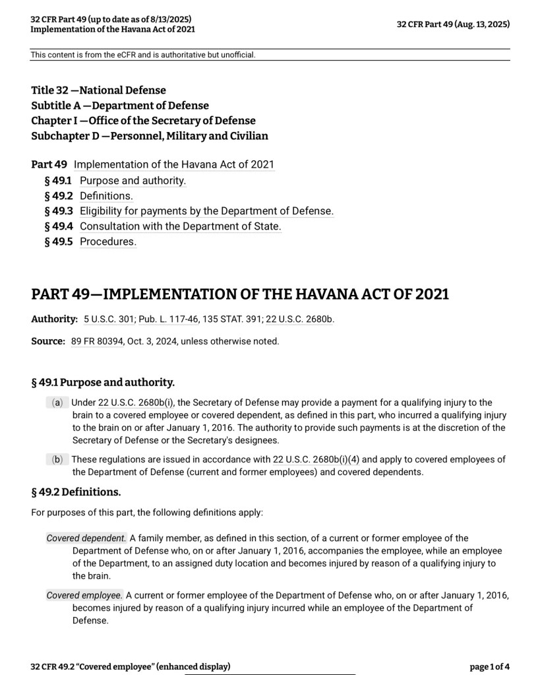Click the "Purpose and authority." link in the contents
click(x=133, y=180)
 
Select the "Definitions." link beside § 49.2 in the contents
click(x=106, y=195)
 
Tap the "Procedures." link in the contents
click(x=108, y=241)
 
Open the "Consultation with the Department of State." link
click(x=180, y=226)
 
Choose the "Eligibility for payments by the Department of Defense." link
click(x=206, y=211)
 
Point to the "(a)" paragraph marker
click(x=57, y=402)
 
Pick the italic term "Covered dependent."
click(x=86, y=538)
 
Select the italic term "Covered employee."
click(x=84, y=595)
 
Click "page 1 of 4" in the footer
click(x=489, y=667)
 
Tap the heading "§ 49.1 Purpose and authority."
click(x=103, y=383)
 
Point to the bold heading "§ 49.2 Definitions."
click(x=76, y=492)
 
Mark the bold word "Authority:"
click(x=55, y=319)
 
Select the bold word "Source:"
click(x=48, y=341)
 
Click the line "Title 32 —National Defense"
click(x=98, y=90)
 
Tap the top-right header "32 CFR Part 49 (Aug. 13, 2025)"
click(x=453, y=24)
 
